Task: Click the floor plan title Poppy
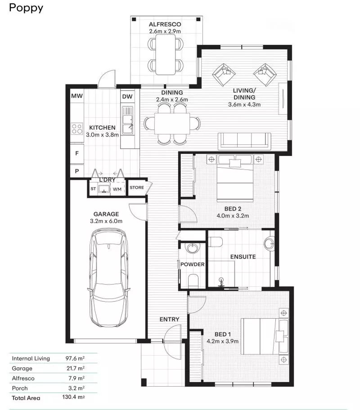(x=26, y=8)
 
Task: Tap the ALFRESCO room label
(x=165, y=24)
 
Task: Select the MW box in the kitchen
(x=77, y=96)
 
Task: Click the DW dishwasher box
(x=127, y=96)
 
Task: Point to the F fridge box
(x=77, y=153)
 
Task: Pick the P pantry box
(x=77, y=171)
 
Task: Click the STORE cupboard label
(x=137, y=188)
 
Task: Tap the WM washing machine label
(x=117, y=189)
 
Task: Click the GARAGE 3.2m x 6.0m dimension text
(x=106, y=221)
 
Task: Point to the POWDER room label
(x=193, y=264)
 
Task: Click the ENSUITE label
(x=243, y=257)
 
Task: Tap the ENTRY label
(x=170, y=319)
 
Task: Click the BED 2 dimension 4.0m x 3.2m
(x=233, y=215)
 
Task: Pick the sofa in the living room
(x=244, y=141)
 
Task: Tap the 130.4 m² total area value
(x=73, y=397)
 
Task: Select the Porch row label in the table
(x=20, y=388)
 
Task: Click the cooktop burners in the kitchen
(x=77, y=129)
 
